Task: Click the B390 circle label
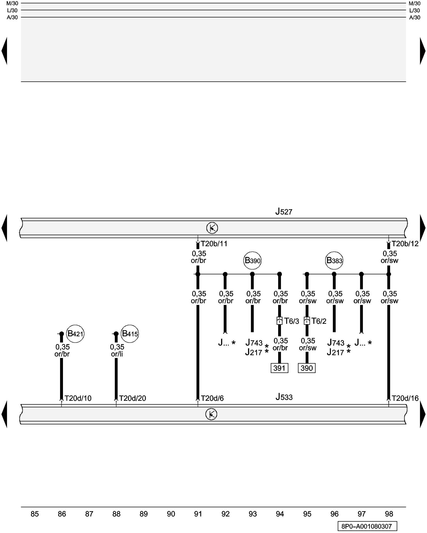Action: coord(252,260)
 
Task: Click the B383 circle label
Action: coord(334,260)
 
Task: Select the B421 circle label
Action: coord(75,334)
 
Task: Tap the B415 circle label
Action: coord(130,334)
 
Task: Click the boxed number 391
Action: coord(279,368)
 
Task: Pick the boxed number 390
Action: coord(307,368)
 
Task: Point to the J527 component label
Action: coord(284,212)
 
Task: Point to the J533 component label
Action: coord(284,397)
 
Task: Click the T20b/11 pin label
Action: coord(214,244)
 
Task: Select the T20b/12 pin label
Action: coord(405,244)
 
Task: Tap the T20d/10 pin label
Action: coord(78,398)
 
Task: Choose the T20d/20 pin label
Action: coord(132,398)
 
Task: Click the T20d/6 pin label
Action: coord(212,398)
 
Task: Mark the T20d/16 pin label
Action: coord(405,398)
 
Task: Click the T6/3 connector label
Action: coord(291,321)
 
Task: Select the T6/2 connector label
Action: coord(319,321)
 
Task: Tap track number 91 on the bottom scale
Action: coord(198,514)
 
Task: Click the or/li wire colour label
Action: coord(117,354)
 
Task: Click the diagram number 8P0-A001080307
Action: coord(367,526)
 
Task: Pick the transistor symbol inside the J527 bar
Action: coord(212,228)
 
